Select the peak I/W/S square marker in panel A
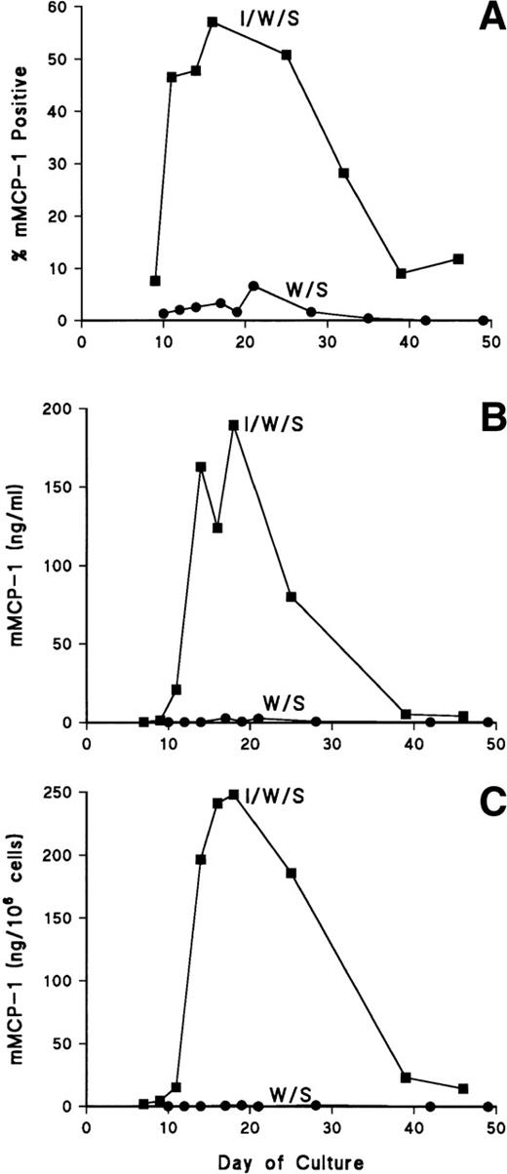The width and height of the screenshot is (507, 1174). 212,21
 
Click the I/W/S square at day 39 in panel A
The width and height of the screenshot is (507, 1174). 401,274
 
